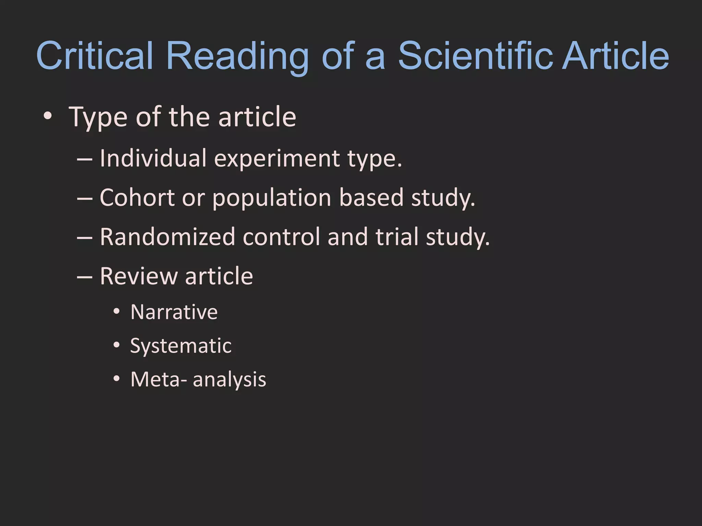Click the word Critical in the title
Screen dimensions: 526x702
94,56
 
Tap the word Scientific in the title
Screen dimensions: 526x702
475,56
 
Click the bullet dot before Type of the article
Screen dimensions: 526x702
48,117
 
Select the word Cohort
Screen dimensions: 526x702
137,198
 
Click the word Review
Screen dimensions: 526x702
138,276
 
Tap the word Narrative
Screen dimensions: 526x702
174,312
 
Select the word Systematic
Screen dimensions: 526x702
181,346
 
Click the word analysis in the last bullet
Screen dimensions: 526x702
229,380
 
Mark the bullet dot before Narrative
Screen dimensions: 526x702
117,312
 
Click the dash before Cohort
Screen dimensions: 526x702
84,198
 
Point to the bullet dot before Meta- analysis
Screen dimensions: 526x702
117,379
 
